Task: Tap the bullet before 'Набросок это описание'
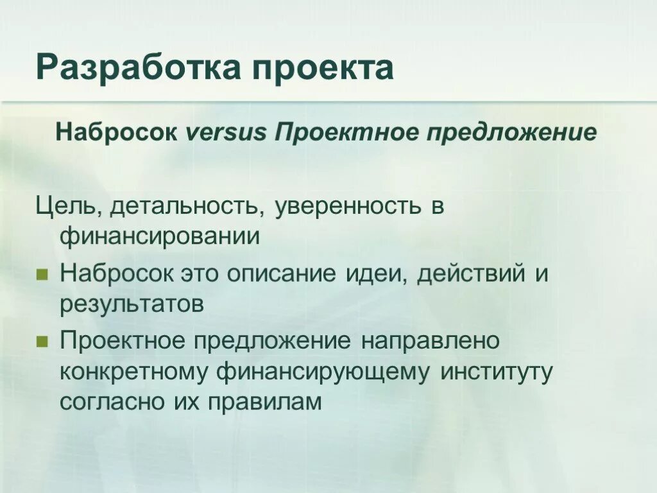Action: coord(42,275)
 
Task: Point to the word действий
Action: coord(473,275)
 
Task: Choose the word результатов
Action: coord(132,304)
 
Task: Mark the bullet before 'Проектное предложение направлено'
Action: coord(42,341)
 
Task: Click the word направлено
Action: coord(429,341)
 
